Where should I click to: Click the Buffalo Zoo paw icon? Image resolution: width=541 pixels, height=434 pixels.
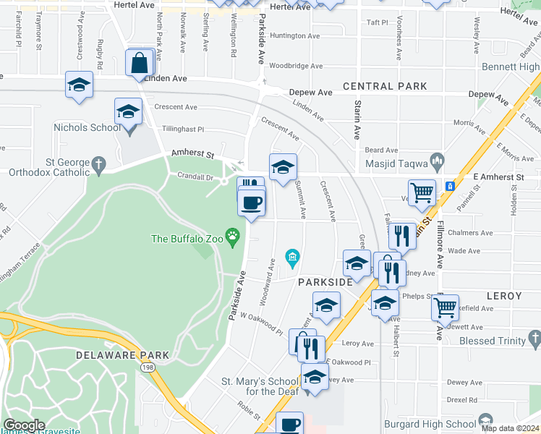coord(232,235)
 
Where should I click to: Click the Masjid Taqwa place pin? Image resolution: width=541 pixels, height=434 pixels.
coord(436,159)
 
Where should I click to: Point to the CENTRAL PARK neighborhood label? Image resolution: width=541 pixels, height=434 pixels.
coord(385,86)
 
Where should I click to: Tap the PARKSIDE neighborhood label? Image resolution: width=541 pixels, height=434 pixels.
coord(325,282)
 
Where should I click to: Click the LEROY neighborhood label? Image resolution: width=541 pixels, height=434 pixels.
coord(504,297)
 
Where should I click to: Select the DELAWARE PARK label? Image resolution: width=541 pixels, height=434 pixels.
coord(122,355)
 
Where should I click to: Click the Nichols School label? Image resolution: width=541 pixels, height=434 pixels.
coord(87,127)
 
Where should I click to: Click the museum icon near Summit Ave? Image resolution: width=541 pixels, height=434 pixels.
coord(292,257)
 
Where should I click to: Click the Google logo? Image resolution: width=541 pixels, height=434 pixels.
coord(25,425)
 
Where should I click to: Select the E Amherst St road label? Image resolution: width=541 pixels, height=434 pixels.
coord(498,176)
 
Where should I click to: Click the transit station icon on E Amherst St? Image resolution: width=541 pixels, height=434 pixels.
coord(451,186)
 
